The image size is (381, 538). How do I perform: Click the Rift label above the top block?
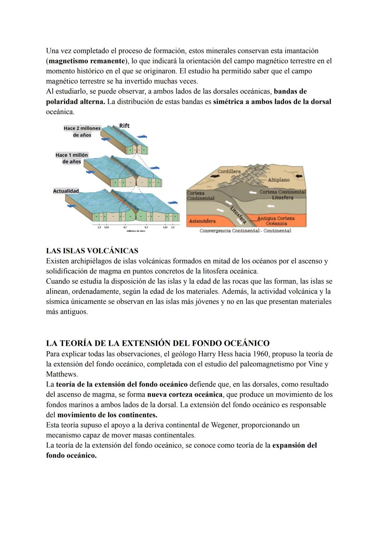coord(124,126)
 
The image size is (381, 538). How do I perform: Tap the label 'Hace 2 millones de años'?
coord(82,132)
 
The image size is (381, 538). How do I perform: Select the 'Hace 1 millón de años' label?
coord(72,158)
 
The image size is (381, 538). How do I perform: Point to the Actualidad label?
coord(66,191)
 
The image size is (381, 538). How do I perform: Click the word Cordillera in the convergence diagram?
coord(229,171)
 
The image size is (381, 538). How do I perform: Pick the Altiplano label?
coord(278,180)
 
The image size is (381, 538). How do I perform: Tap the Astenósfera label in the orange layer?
coord(202,221)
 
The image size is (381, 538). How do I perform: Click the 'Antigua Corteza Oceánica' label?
coord(276,221)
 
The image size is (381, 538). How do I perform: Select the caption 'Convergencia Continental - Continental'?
coord(245,231)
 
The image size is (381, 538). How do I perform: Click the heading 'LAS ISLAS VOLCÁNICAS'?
coord(92,251)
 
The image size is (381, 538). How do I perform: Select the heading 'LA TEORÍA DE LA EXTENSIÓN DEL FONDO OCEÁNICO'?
coord(158,343)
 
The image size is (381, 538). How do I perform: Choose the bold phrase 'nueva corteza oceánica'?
coord(185,394)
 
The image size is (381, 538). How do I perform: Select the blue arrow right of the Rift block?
coord(142,136)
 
